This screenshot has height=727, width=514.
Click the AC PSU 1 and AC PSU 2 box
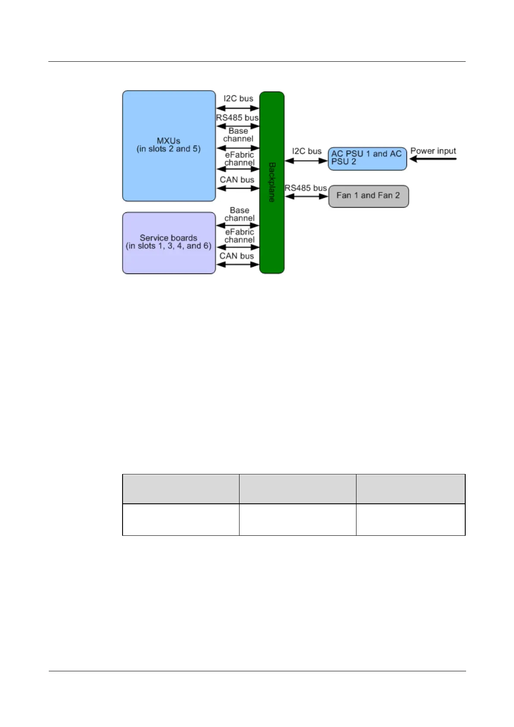coord(367,158)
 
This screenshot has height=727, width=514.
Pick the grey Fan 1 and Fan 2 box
coord(368,196)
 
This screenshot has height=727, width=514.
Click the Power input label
coord(433,151)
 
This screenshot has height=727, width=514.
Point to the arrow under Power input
coord(432,159)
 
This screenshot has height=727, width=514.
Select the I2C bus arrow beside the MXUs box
coord(237,108)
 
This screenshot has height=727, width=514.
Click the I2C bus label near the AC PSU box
coord(306,151)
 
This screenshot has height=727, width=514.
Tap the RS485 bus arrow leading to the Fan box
coord(306,196)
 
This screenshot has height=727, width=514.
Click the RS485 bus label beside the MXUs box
coord(237,117)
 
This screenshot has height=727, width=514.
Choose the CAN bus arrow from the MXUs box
coord(237,188)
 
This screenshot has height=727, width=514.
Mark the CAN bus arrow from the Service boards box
coord(237,264)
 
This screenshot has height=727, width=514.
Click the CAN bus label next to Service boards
coord(237,256)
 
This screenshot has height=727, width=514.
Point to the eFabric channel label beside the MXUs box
coord(240,158)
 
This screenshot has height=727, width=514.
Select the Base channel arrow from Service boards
coord(237,225)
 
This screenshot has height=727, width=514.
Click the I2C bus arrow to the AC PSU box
coord(306,161)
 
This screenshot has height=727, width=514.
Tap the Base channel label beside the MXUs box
coord(238,135)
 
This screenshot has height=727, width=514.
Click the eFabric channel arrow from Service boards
coord(237,247)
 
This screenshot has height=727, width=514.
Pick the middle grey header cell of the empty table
coord(297,489)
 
